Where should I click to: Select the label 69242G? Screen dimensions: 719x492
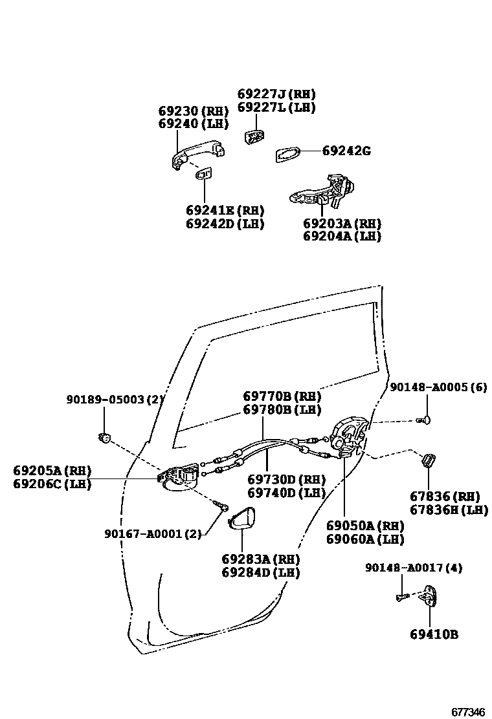pyautogui.click(x=346, y=151)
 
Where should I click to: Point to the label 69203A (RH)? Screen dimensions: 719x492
pyautogui.click(x=342, y=224)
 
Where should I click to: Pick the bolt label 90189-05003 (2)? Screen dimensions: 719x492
pyautogui.click(x=115, y=400)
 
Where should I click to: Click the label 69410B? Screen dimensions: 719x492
pyautogui.click(x=434, y=634)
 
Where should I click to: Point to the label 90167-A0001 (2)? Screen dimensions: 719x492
pyautogui.click(x=153, y=533)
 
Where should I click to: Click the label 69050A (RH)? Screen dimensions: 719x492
pyautogui.click(x=365, y=526)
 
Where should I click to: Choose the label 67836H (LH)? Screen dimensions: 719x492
pyautogui.click(x=449, y=510)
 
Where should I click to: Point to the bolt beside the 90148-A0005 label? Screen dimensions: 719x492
pyautogui.click(x=424, y=421)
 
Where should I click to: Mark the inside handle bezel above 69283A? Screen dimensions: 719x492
pyautogui.click(x=243, y=518)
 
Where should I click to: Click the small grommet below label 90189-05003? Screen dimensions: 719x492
pyautogui.click(x=104, y=439)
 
